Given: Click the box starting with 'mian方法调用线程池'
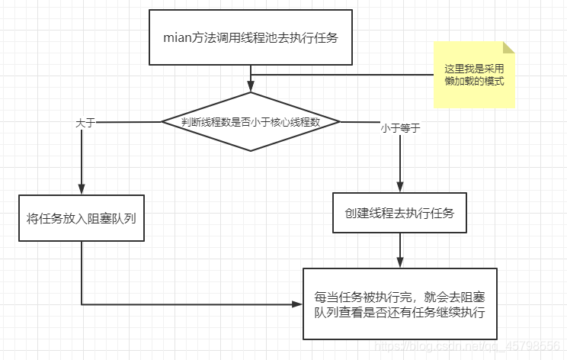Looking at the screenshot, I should click(249, 37).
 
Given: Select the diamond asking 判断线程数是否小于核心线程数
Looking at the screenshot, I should click(251, 121).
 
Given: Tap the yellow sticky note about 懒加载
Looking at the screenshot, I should click(474, 75).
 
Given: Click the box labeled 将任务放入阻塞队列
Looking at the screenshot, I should click(82, 217).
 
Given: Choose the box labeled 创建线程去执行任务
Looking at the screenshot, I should click(399, 213).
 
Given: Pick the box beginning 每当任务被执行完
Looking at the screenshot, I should click(399, 304).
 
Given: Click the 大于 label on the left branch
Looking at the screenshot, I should click(85, 122).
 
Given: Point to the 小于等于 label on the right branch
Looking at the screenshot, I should click(400, 128).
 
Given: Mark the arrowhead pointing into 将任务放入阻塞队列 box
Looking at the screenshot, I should click(82, 190).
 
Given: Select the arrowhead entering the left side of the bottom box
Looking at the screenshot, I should click(298, 304).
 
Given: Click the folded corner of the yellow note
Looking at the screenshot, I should click(508, 47).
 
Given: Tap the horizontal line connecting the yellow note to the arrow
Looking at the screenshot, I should click(343, 75).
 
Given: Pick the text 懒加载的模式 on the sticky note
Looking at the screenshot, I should click(474, 82).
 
